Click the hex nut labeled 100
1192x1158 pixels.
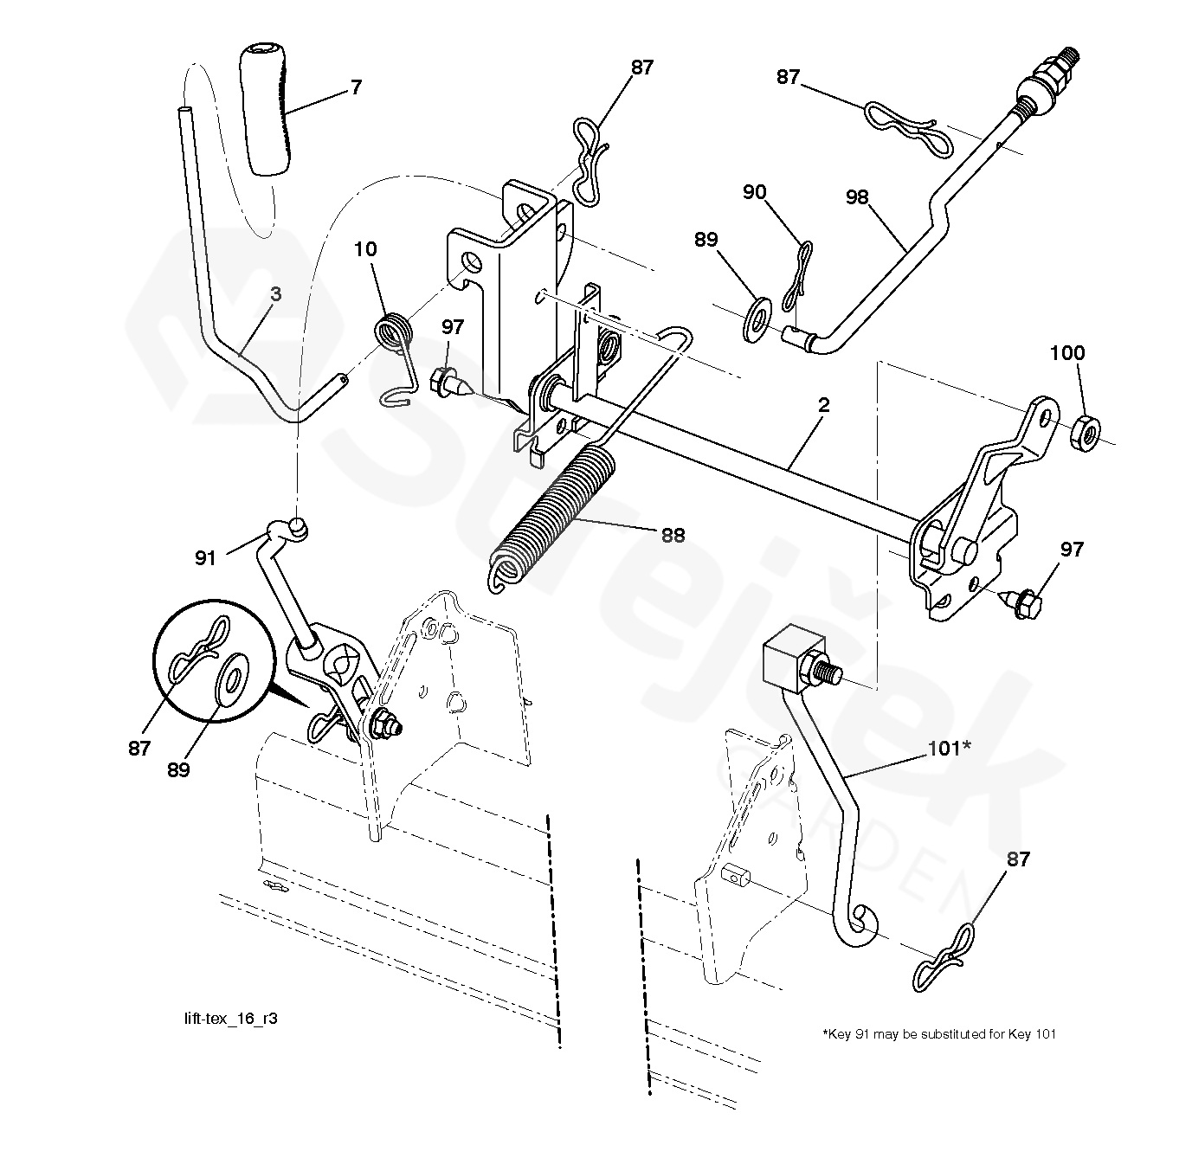[x=1086, y=431]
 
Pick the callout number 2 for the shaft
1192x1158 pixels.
[x=823, y=405]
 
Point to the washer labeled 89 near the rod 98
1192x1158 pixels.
[x=757, y=317]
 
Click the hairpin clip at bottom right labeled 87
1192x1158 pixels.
[x=948, y=958]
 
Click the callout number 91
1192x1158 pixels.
[x=205, y=558]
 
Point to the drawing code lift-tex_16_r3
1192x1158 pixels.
[x=225, y=1019]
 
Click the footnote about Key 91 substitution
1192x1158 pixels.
[x=938, y=1033]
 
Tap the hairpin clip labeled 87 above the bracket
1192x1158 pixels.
[x=591, y=160]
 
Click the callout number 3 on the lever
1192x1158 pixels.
[x=275, y=294]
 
